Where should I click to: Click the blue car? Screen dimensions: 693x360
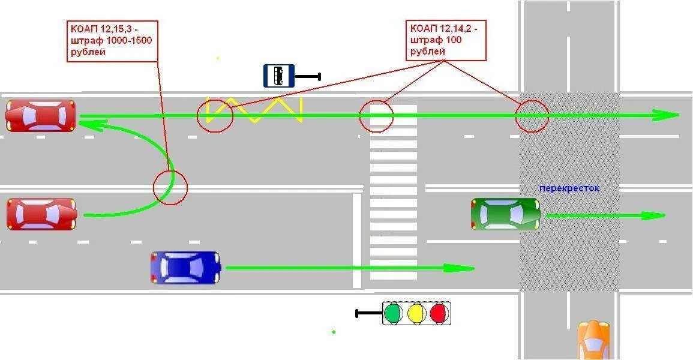186,267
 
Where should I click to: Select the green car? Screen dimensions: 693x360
506,214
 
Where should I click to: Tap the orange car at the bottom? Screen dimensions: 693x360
593,340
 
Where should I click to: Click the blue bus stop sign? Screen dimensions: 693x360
279,76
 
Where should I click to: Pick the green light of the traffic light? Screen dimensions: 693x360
393,313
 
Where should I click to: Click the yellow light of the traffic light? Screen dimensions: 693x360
416,313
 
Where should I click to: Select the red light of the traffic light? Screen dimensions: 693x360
439,313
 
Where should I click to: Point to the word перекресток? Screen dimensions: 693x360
569,188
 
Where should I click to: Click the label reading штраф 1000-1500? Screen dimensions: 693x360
112,40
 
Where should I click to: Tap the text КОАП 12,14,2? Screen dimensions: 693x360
448,28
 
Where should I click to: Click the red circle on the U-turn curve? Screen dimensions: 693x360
170,188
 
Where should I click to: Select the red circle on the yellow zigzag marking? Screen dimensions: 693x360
215,116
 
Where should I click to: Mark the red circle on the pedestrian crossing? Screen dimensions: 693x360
376,116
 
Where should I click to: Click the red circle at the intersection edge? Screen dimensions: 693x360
532,116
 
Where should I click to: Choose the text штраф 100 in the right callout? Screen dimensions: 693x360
436,40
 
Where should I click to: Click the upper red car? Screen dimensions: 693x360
41,116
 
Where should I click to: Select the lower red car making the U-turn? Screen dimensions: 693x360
41,214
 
